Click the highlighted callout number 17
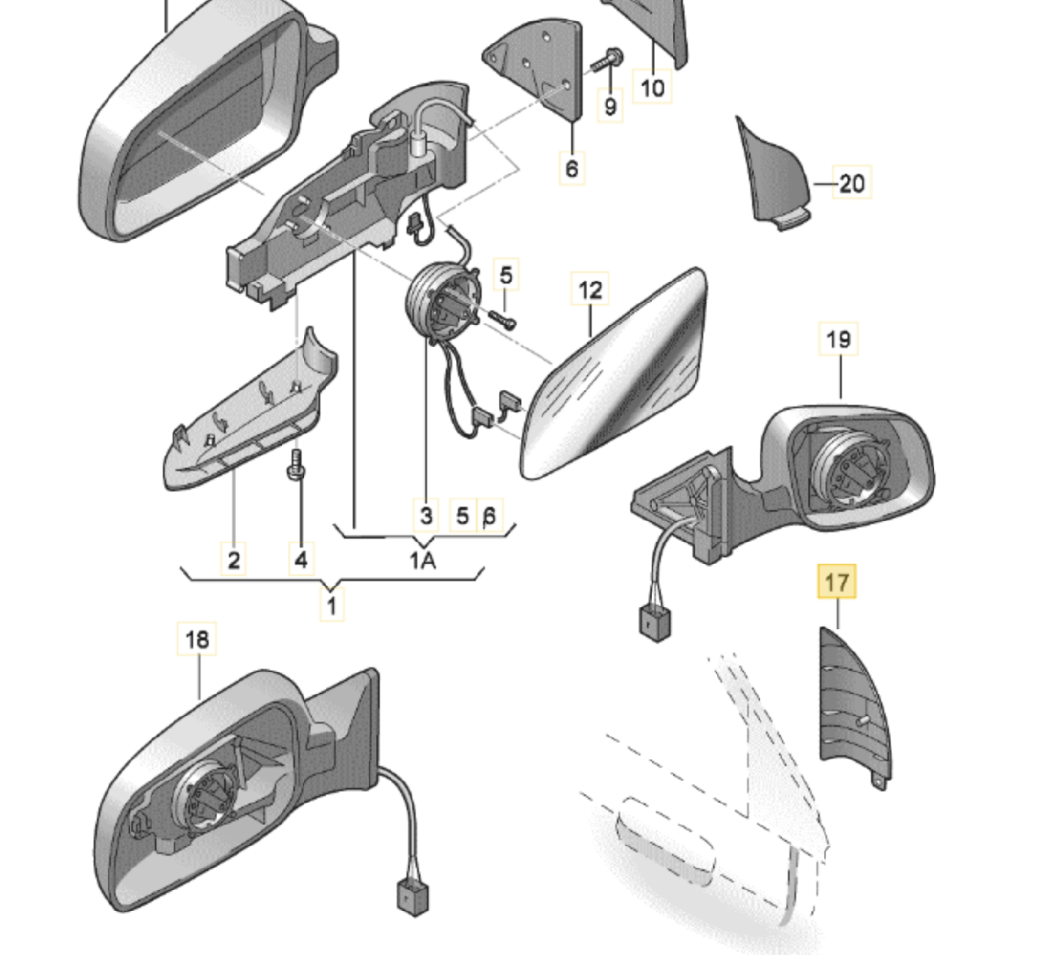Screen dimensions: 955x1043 (x=837, y=583)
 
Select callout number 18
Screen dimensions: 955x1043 (x=197, y=640)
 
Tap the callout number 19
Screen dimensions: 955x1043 (x=838, y=338)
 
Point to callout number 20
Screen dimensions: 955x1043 (x=851, y=183)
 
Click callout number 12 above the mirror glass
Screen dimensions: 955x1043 (x=590, y=290)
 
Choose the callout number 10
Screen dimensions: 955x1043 (x=653, y=87)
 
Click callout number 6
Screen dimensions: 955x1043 (x=571, y=169)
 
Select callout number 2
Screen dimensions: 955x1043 (x=234, y=560)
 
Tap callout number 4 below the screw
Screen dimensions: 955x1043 (x=301, y=560)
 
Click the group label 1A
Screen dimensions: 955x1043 (x=422, y=561)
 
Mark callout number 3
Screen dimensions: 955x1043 (x=426, y=515)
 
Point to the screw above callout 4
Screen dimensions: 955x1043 (x=294, y=467)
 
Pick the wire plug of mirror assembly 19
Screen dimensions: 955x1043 (x=652, y=623)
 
